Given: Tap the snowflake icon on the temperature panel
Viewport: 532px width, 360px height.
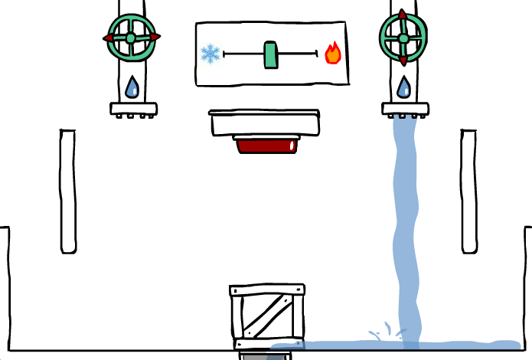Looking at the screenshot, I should click(x=210, y=54).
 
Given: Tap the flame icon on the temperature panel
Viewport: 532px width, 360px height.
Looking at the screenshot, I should click(x=333, y=53).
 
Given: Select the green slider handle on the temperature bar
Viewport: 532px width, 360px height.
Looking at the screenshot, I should click(x=270, y=54).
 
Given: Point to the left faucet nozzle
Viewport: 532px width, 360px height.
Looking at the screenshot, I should click(x=134, y=110).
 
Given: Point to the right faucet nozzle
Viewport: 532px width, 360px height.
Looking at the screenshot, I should click(x=405, y=110).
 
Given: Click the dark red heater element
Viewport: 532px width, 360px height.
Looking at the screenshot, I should click(x=266, y=145).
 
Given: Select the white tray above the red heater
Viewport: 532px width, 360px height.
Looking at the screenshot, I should click(x=264, y=123).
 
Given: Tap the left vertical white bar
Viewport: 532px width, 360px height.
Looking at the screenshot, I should click(x=68, y=191).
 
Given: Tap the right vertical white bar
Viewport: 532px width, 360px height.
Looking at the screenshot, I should click(x=469, y=191).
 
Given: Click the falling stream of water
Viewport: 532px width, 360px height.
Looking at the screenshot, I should click(x=406, y=230).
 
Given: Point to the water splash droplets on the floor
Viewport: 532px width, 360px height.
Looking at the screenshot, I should click(x=387, y=332).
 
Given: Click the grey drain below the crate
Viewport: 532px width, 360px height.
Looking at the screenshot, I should click(x=265, y=355).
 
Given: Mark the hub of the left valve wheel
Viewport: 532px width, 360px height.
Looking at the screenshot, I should click(x=131, y=38).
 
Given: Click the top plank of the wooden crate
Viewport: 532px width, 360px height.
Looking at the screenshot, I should click(x=267, y=290).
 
